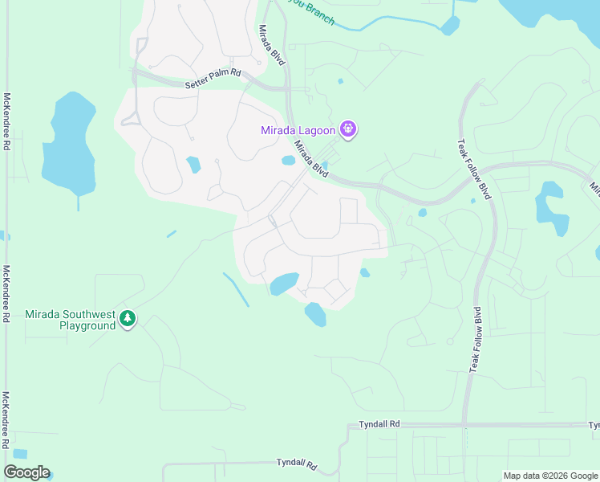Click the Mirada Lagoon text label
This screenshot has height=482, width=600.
click(x=298, y=131)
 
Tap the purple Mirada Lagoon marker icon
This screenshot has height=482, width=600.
click(x=348, y=129)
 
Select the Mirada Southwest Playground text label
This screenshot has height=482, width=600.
click(x=71, y=320)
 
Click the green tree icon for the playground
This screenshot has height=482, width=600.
click(x=128, y=319)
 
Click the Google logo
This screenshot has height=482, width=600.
click(x=26, y=472)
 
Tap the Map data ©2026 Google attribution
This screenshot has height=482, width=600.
click(x=550, y=476)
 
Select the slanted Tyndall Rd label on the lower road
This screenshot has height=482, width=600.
click(x=296, y=464)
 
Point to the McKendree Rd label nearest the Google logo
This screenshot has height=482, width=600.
click(x=6, y=420)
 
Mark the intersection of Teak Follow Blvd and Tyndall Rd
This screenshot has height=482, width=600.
click(x=465, y=424)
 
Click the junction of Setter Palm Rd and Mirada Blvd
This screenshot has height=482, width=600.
click(x=286, y=87)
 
